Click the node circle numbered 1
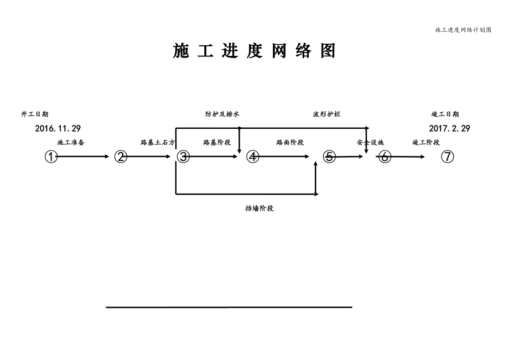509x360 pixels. (x=51, y=157)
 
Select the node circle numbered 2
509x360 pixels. (x=121, y=157)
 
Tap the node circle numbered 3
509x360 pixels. (x=183, y=157)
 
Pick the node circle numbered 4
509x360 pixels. (x=253, y=157)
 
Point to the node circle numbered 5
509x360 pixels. (x=330, y=157)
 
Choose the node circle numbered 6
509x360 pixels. (x=386, y=157)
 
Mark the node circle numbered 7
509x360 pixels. (x=448, y=157)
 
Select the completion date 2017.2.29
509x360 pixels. (x=449, y=128)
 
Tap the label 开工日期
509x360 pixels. (x=34, y=114)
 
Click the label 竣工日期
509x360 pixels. (x=445, y=114)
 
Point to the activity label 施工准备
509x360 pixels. (x=71, y=143)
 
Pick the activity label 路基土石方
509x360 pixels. (x=158, y=143)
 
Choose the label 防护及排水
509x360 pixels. (x=222, y=114)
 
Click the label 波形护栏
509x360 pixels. (x=326, y=114)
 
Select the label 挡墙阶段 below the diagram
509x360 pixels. (x=260, y=209)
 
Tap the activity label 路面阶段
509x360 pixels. (x=290, y=143)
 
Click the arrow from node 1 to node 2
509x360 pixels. (x=83, y=157)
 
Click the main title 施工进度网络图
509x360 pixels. (x=254, y=51)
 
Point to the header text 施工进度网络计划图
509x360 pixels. (x=463, y=30)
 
